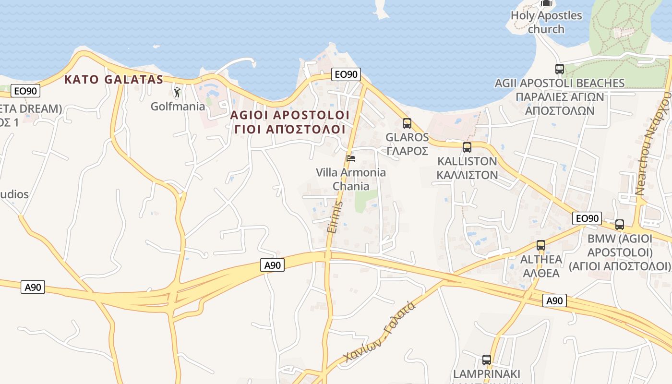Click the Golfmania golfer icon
177,91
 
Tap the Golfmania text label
178,106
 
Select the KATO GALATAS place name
114,79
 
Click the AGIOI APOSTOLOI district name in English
290,115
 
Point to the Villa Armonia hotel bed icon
351,158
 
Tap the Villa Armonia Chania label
351,179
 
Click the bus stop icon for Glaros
407,123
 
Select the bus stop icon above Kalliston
467,147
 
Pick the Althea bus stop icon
541,245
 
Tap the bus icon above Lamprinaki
487,360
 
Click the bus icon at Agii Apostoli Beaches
560,69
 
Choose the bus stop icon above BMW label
620,224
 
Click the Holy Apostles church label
546,22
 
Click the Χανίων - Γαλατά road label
379,333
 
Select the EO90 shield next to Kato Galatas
26,90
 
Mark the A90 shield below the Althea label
554,301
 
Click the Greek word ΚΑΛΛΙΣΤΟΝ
467,175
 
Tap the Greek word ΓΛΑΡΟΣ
407,151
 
